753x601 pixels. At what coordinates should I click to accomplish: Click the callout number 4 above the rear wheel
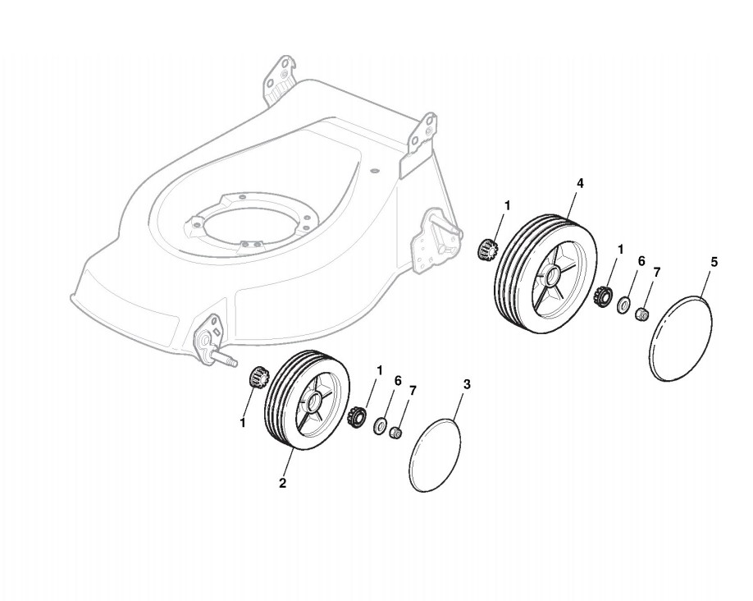point(580,184)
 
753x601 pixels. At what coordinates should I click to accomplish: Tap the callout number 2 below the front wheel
point(282,483)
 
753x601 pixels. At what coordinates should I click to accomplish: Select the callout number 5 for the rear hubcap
point(713,262)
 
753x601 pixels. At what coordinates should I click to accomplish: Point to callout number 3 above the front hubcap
point(467,384)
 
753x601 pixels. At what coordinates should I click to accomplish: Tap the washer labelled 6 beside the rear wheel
point(624,306)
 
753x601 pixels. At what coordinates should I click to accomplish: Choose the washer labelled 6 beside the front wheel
point(381,426)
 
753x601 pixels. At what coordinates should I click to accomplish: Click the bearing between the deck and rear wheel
point(486,249)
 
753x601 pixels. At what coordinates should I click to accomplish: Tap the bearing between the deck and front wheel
point(258,380)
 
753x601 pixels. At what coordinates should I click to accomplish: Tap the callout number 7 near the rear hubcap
point(657,271)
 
